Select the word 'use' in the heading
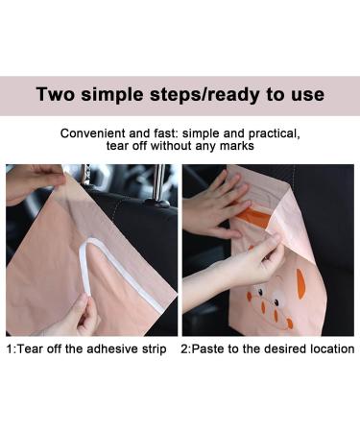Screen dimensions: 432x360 tap(306, 95)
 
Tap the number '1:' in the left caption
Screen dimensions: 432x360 tap(11, 348)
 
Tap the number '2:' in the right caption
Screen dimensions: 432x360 tap(188, 348)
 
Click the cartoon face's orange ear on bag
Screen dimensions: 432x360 tap(300, 282)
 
